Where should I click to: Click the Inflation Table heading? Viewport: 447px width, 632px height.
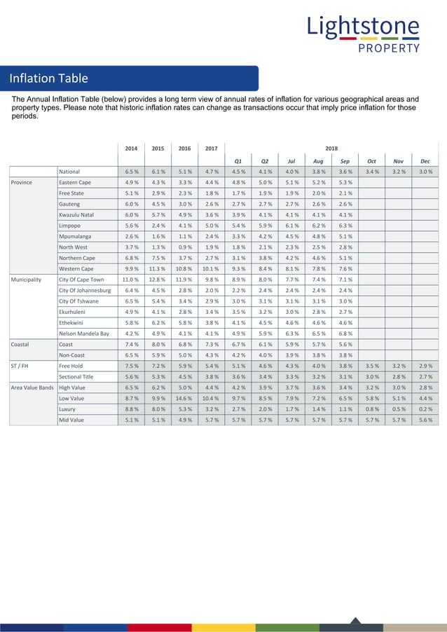pyautogui.click(x=48, y=78)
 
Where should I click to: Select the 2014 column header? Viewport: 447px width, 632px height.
pyautogui.click(x=131, y=149)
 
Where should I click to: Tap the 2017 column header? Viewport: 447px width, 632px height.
pyautogui.click(x=211, y=149)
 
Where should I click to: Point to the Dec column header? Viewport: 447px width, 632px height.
pyautogui.click(x=425, y=160)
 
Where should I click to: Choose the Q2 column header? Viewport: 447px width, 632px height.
pyautogui.click(x=265, y=160)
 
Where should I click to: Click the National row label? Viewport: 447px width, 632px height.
pyautogui.click(x=69, y=172)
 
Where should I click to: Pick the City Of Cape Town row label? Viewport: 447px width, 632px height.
pyautogui.click(x=81, y=280)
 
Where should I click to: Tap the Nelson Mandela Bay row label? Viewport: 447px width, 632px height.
pyautogui.click(x=83, y=334)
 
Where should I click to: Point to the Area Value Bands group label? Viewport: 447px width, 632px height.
pyautogui.click(x=32, y=387)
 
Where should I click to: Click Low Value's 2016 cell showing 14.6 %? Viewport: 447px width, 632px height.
pyautogui.click(x=184, y=398)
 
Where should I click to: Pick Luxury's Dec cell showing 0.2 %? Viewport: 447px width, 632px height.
pyautogui.click(x=425, y=409)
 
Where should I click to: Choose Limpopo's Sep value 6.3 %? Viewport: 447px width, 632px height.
pyautogui.click(x=345, y=226)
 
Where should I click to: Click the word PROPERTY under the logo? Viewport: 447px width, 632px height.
pyautogui.click(x=389, y=48)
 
